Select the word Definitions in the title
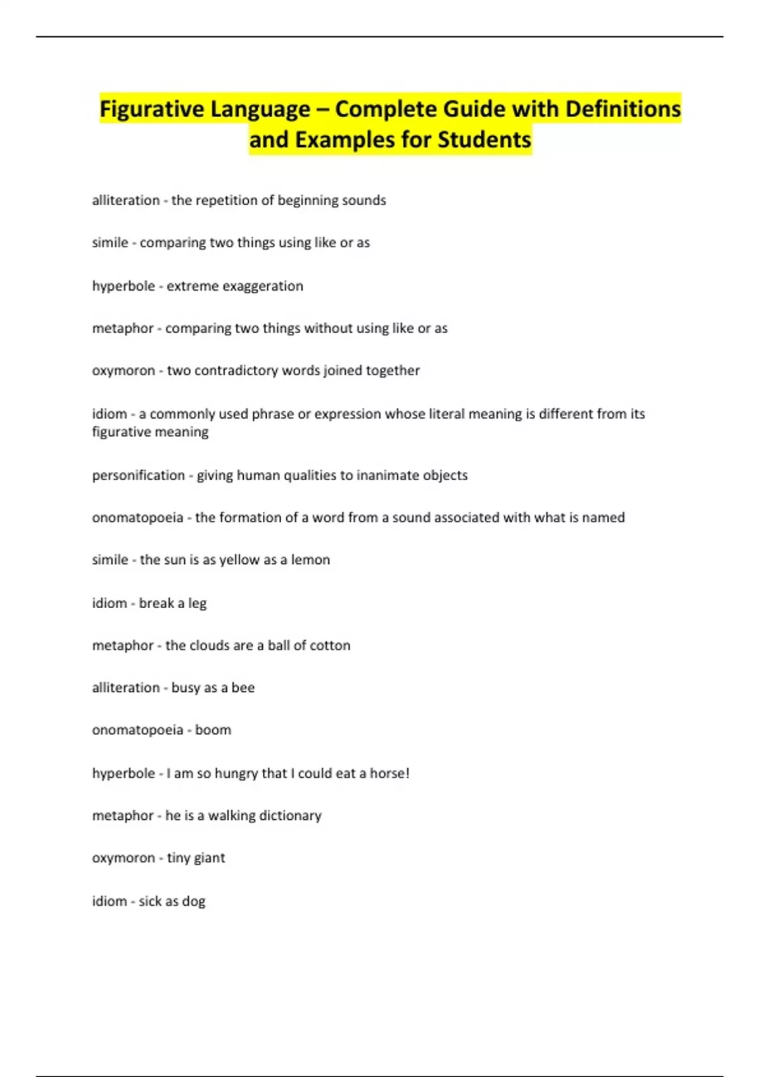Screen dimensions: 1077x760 click(x=623, y=109)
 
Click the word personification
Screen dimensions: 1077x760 click(x=138, y=475)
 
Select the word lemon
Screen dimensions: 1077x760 click(x=310, y=560)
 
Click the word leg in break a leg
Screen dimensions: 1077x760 click(x=198, y=603)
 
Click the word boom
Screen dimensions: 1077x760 click(x=213, y=730)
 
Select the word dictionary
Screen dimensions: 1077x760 click(x=291, y=815)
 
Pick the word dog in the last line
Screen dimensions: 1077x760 click(x=194, y=901)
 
